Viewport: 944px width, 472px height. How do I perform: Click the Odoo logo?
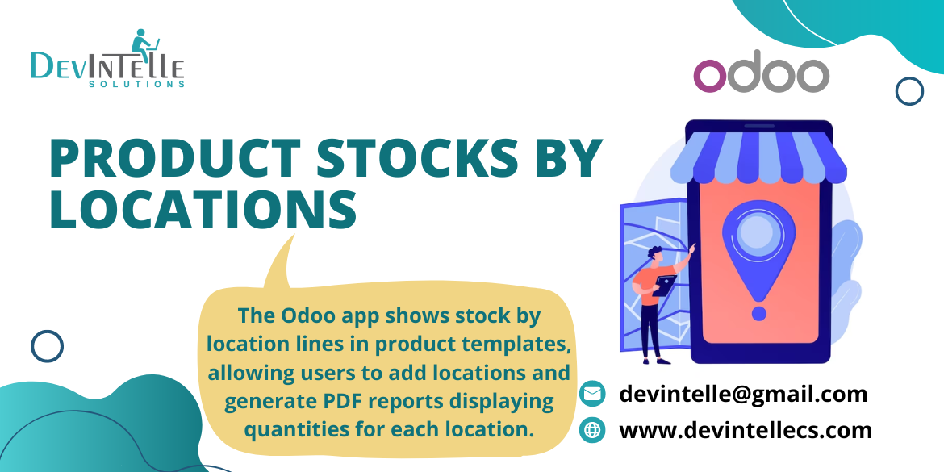761,75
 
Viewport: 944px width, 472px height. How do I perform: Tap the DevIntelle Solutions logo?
107,61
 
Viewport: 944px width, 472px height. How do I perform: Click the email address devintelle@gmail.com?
743,394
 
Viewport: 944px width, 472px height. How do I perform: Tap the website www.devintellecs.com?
746,430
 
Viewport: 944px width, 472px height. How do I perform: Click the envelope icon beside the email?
593,394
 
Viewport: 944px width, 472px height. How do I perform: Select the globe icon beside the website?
593,430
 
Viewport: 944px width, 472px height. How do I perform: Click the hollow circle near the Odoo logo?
909,90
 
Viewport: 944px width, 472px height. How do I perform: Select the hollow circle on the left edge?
47,346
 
